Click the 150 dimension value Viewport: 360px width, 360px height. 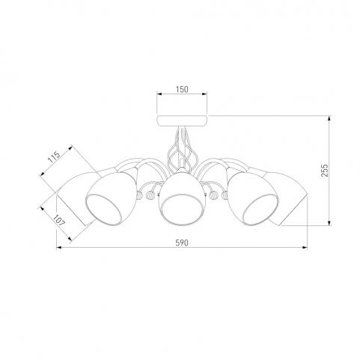(182, 89)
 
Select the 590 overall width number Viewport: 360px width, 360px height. (182, 242)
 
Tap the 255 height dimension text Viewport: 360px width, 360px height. (324, 171)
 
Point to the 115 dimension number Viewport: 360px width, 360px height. (54, 157)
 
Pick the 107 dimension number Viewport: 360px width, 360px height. (59, 220)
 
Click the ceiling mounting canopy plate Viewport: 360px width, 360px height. (182, 120)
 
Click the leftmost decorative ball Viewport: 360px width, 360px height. (140, 195)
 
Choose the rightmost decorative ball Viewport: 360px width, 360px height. (225, 195)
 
